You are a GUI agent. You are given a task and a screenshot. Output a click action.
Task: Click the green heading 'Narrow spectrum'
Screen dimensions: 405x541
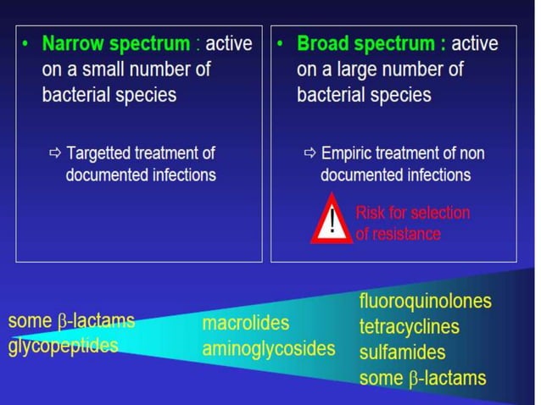pyautogui.click(x=116, y=43)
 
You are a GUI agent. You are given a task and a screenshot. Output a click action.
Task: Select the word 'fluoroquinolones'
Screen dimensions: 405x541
pyautogui.click(x=425, y=302)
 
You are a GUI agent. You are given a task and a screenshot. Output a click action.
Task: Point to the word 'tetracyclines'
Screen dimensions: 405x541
pyautogui.click(x=409, y=327)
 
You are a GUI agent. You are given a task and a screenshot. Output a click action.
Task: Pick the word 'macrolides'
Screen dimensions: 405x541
pyautogui.click(x=246, y=323)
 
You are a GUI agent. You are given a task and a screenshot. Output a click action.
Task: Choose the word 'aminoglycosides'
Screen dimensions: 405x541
pyautogui.click(x=269, y=348)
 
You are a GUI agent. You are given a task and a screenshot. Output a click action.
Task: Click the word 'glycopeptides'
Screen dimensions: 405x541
pyautogui.click(x=63, y=345)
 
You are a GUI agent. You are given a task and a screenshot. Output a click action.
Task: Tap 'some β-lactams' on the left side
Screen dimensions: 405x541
pyautogui.click(x=71, y=320)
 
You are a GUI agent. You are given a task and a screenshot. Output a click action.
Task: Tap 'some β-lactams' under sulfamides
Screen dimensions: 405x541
pyautogui.click(x=422, y=378)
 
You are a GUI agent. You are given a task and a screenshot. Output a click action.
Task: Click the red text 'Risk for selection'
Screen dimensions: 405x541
pyautogui.click(x=412, y=213)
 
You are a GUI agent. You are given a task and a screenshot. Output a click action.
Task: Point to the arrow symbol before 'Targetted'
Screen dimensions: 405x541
pyautogui.click(x=56, y=153)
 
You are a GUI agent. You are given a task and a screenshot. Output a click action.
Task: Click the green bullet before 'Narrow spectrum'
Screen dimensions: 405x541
pyautogui.click(x=26, y=42)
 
